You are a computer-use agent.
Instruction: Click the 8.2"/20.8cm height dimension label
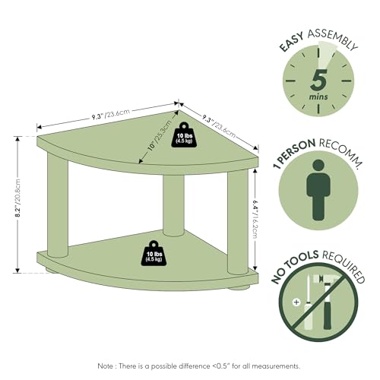click(x=18, y=198)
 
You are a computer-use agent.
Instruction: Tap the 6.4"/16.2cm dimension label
click(x=255, y=219)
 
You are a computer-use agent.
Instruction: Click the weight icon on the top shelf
click(x=185, y=135)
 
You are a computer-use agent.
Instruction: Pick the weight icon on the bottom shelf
click(x=154, y=253)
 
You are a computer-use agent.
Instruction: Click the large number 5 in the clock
click(x=318, y=81)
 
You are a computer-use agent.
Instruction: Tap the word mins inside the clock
click(x=318, y=97)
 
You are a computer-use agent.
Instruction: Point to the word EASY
click(x=292, y=43)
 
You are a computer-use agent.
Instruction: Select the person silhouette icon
click(x=318, y=190)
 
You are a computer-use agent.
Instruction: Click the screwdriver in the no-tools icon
click(x=308, y=303)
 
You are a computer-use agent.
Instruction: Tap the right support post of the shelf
click(x=238, y=223)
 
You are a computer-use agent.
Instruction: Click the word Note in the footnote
click(x=106, y=366)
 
